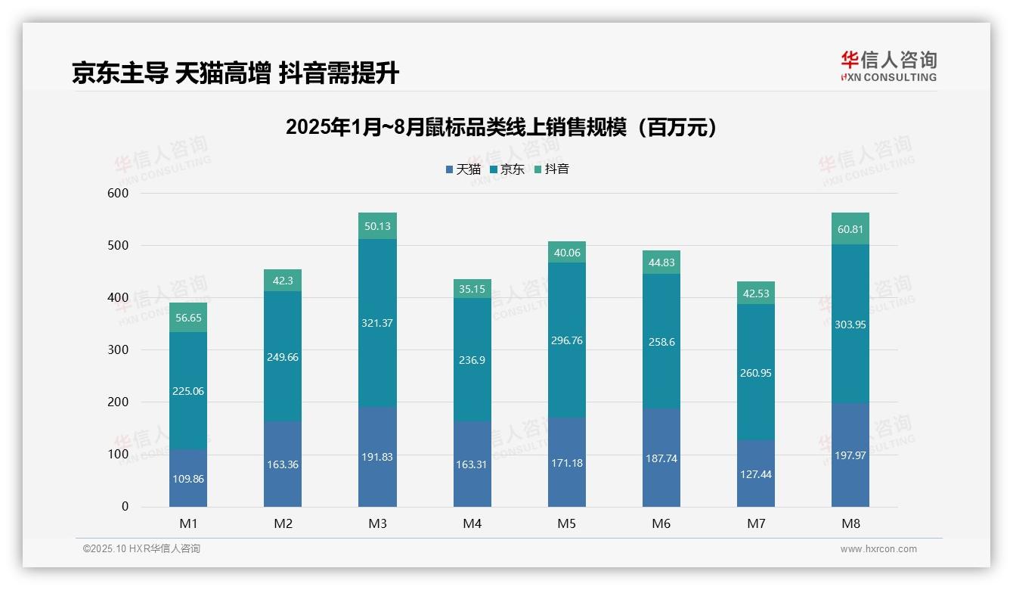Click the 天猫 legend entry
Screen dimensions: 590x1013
tap(463, 169)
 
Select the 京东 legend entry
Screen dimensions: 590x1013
tap(506, 169)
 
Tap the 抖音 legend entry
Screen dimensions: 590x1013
tap(551, 169)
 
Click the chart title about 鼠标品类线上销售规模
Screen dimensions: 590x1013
tap(501, 127)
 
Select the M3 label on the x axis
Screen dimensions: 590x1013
tap(377, 524)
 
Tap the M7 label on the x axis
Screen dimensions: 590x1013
tap(756, 524)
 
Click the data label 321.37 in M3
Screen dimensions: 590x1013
tap(377, 323)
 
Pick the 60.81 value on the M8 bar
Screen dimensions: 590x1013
tap(850, 229)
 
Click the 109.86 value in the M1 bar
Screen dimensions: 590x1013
tap(188, 479)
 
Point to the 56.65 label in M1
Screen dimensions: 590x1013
tap(188, 318)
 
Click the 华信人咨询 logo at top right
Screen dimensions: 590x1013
tap(888, 66)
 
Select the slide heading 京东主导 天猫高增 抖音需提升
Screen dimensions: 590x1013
tap(235, 73)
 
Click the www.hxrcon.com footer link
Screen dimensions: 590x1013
tap(878, 549)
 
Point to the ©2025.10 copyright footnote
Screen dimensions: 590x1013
tap(141, 549)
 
